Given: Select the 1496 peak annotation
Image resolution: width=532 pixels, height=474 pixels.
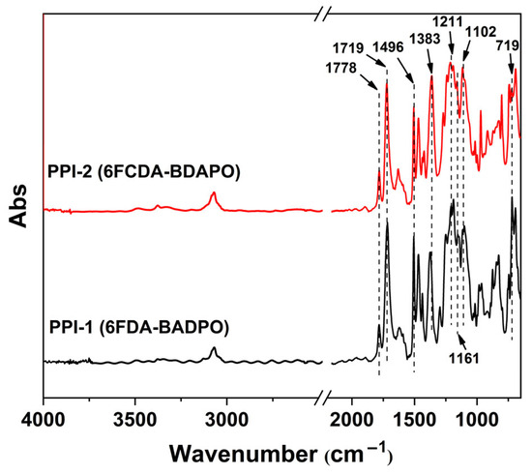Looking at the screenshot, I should pyautogui.click(x=407, y=45).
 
